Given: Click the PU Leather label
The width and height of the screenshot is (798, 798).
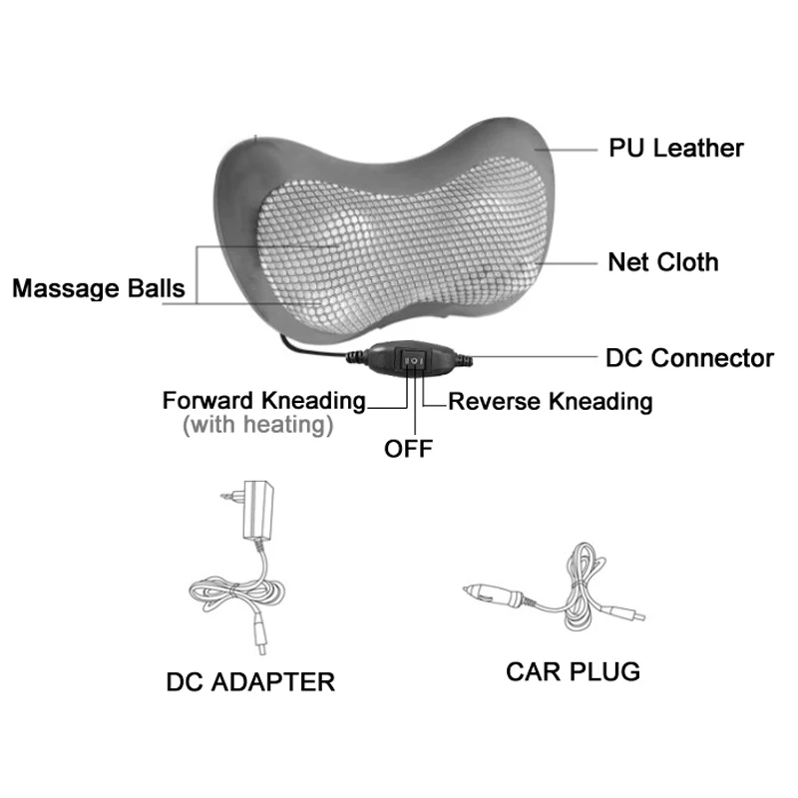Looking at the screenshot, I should tap(676, 149).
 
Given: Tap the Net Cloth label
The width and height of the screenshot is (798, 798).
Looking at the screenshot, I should tap(663, 262).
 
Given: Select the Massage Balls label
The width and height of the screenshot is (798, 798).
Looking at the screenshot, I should tap(98, 289).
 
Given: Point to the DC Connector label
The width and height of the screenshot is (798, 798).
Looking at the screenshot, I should tap(690, 357).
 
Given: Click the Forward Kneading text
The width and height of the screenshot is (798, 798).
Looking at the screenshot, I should tap(264, 401).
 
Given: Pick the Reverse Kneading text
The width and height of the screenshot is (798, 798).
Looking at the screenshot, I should tap(551, 402).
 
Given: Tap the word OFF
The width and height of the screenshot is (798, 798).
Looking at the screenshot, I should tap(409, 449).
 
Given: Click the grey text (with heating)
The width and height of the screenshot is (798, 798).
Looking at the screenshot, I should tap(256, 426).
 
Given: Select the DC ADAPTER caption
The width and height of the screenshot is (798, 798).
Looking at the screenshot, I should tap(249, 682).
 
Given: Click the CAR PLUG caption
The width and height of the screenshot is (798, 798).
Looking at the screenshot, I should tap(573, 670).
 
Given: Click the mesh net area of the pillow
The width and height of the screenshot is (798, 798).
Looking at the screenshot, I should tap(399, 249).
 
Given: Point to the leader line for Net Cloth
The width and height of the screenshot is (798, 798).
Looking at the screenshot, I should tap(574, 262).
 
